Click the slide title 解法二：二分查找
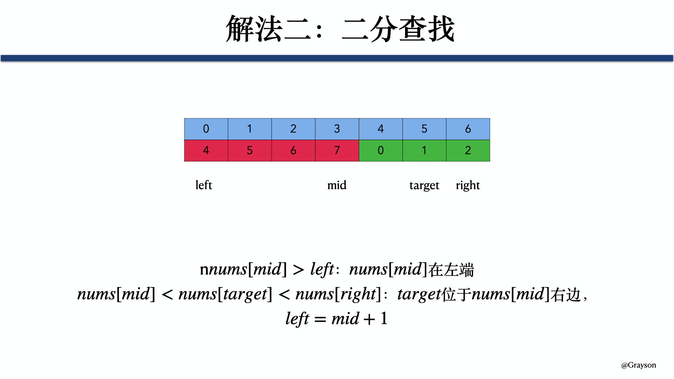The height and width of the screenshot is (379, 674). point(340,29)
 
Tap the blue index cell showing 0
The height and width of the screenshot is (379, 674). point(206,129)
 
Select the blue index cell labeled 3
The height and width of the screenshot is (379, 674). point(337,129)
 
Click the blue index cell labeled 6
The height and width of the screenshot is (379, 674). point(468,129)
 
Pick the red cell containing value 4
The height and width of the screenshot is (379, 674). point(206,151)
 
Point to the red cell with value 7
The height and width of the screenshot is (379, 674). point(337,151)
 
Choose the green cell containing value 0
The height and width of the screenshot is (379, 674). point(381,151)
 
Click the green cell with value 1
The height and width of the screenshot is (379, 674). point(424,151)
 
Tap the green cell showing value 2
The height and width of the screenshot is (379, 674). point(468,151)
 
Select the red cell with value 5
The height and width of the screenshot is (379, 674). point(250,151)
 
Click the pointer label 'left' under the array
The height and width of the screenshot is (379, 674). point(204,185)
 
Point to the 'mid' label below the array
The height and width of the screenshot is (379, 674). point(337,185)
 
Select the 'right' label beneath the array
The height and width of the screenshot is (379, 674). point(468,185)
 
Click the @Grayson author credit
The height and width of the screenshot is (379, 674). point(639,365)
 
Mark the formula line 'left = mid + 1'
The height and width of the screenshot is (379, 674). point(336,319)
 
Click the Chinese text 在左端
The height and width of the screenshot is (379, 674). point(451,270)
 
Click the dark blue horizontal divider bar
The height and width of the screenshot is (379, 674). point(337,58)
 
